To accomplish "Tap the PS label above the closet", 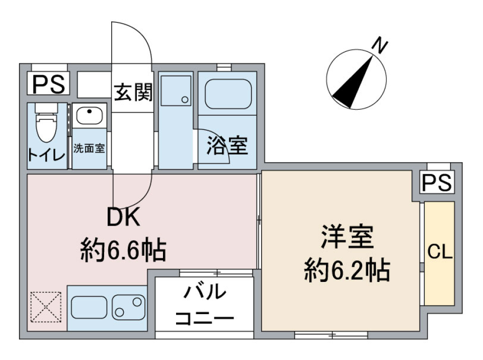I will (x=437, y=182).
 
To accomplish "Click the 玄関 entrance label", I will (x=132, y=93).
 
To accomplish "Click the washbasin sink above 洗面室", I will (x=90, y=115).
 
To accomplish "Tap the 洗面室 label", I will (x=90, y=149).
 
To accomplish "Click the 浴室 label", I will (x=227, y=146).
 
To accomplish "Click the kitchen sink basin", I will (x=89, y=306).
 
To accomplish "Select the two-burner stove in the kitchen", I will (x=128, y=306).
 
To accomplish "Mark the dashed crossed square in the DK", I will (x=46, y=306).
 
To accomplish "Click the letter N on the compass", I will (x=380, y=47).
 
